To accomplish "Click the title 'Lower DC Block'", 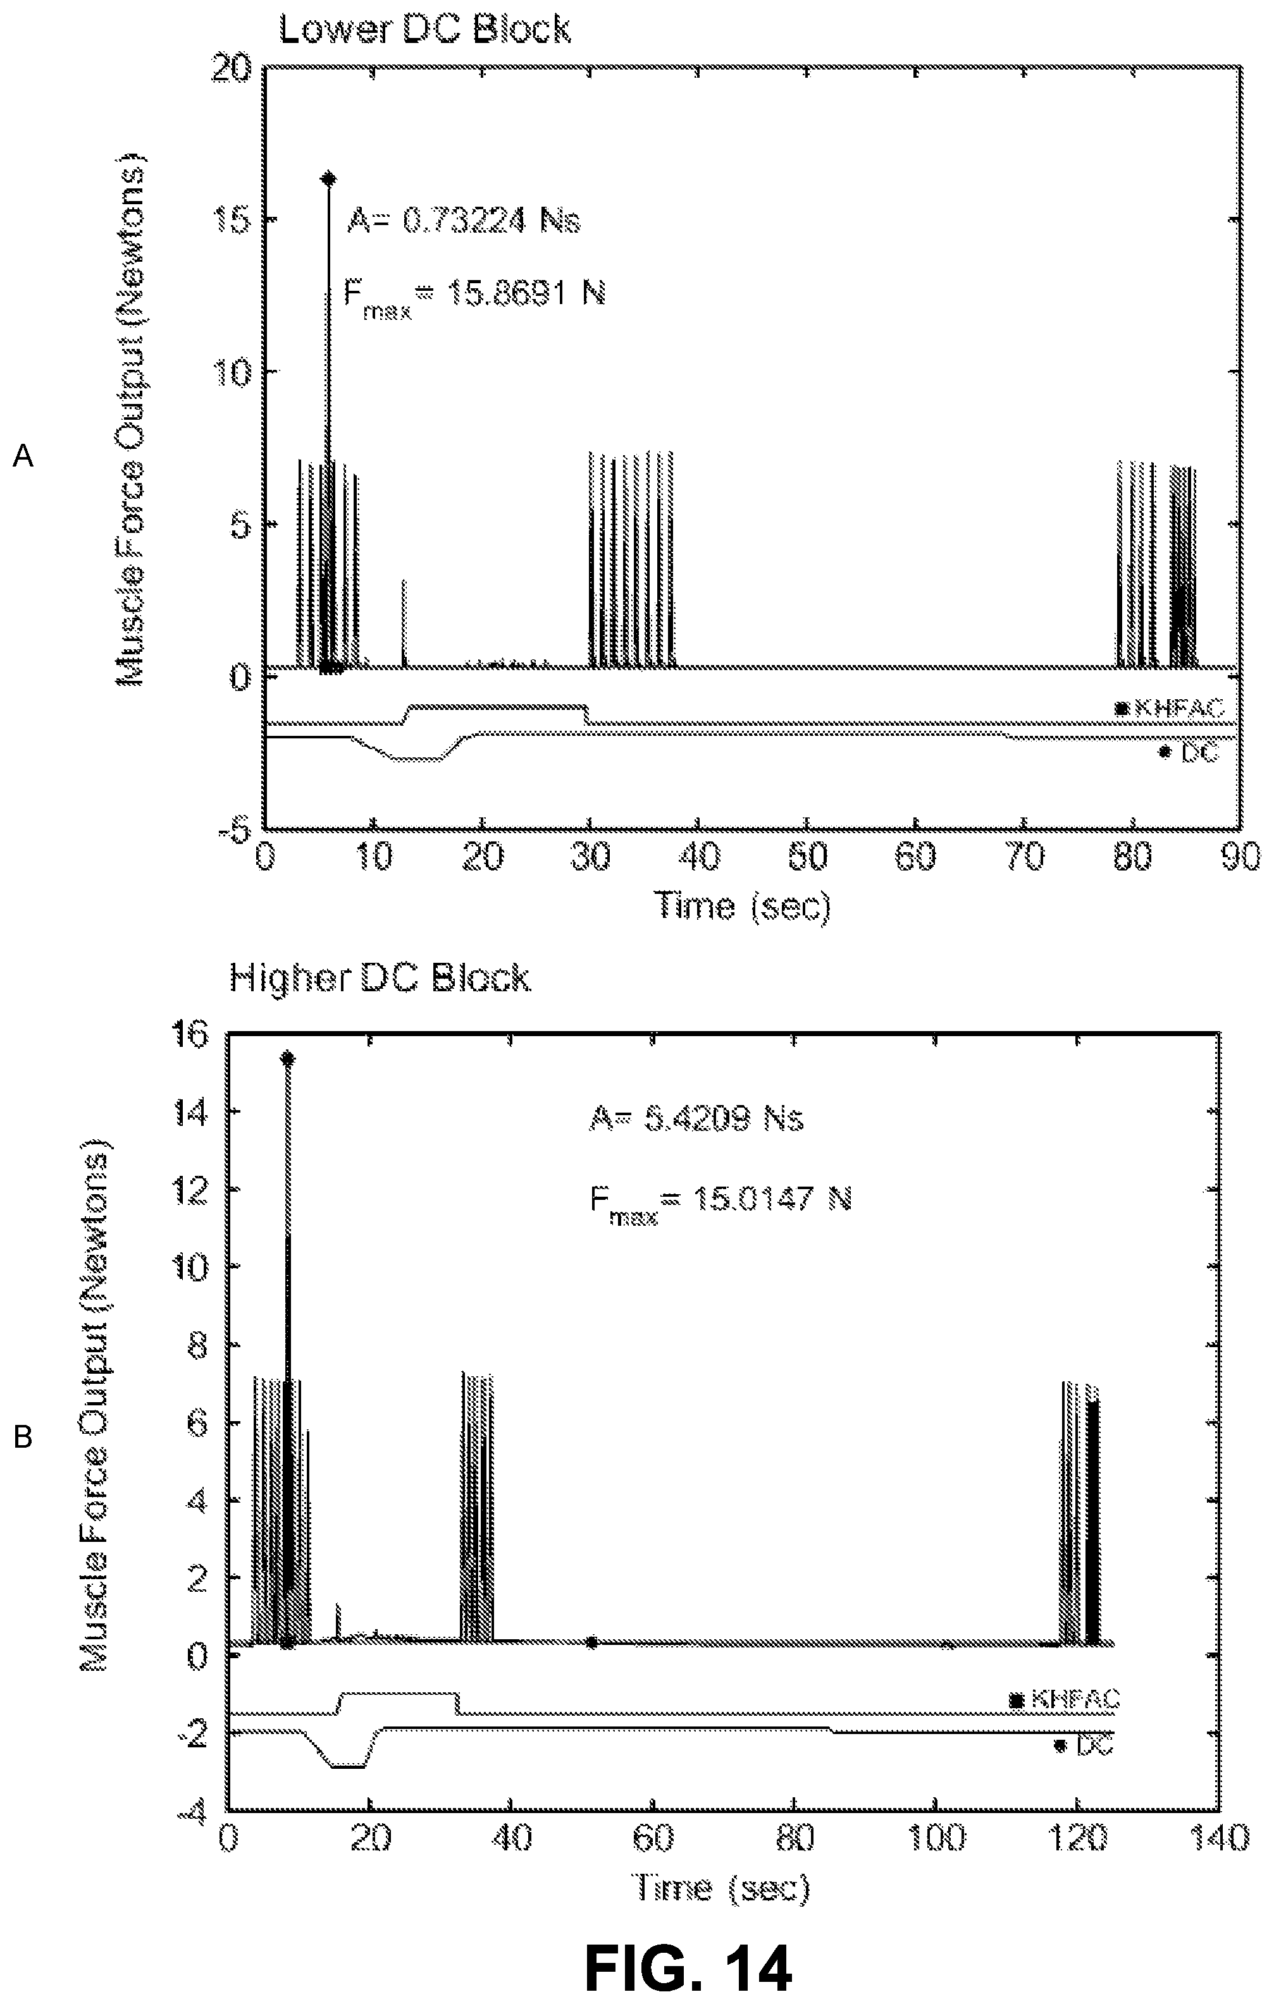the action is (424, 29).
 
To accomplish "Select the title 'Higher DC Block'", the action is (380, 977).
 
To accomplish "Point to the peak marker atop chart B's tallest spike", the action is (288, 1059).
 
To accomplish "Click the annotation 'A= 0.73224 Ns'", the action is (463, 221).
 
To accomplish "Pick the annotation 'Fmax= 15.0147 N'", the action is (720, 1202).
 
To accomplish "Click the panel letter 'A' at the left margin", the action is (23, 456).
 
